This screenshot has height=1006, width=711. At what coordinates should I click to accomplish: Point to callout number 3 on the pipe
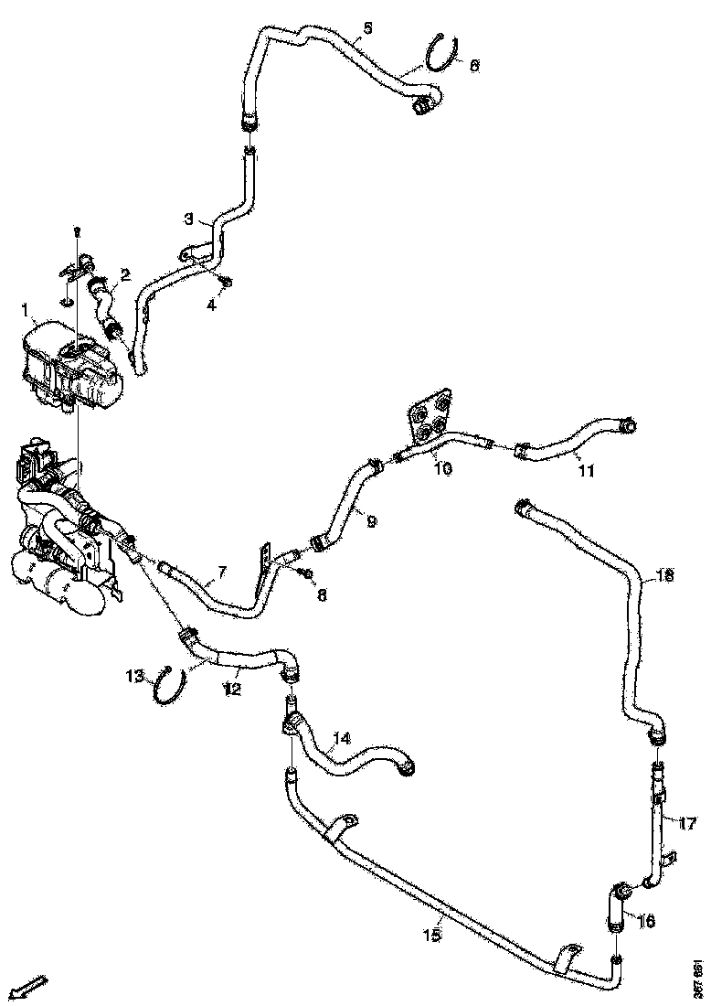click(x=189, y=219)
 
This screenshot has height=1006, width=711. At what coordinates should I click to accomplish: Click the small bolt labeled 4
click(x=228, y=281)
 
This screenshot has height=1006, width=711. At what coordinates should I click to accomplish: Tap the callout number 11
click(x=586, y=472)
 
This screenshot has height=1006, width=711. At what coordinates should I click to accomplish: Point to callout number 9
click(x=371, y=521)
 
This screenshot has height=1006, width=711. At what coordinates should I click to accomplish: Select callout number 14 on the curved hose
click(x=342, y=737)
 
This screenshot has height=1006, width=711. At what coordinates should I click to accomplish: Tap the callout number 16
click(x=646, y=921)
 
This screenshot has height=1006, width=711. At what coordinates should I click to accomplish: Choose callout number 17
click(x=687, y=822)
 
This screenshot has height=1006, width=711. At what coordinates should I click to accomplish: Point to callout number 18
click(x=665, y=575)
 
